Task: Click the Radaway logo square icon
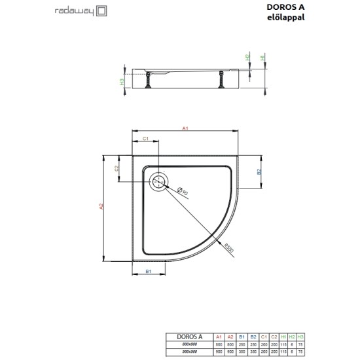coord(101,11)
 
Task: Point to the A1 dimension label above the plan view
coord(185,129)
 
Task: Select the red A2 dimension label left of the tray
coord(101,207)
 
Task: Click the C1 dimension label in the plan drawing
coord(146,139)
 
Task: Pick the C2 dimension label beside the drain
coord(116,168)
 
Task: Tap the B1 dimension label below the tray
coord(148,271)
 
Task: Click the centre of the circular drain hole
coord(159,183)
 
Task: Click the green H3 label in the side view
coord(122,82)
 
